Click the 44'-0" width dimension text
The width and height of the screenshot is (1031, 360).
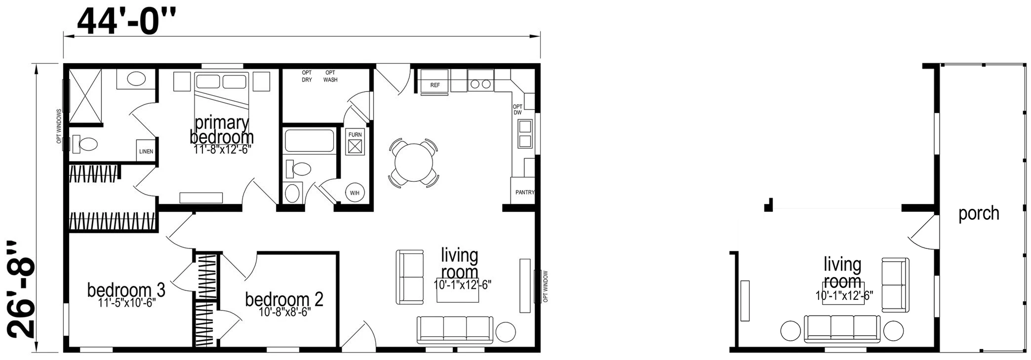[126, 21]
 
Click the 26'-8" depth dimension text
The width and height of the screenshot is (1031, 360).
[22, 290]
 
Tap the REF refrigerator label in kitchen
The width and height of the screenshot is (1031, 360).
[435, 85]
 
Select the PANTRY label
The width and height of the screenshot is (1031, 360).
[525, 192]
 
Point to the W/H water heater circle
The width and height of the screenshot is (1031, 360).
[355, 193]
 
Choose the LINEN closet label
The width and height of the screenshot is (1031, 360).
[146, 151]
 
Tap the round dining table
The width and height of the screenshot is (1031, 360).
[414, 162]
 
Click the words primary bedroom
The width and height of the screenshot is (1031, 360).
[222, 129]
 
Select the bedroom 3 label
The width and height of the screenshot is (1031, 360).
[126, 290]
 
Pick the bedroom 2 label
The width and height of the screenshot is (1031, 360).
[284, 299]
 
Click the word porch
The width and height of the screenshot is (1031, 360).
[979, 213]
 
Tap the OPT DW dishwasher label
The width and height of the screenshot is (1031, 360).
[517, 110]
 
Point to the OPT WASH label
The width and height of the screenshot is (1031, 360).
[330, 76]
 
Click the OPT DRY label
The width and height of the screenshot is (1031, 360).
[307, 76]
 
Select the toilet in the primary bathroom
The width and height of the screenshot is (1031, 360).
[85, 144]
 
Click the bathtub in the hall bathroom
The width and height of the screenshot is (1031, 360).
[310, 140]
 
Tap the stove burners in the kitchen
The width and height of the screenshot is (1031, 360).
[480, 84]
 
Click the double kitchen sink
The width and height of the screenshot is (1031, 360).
[524, 134]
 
